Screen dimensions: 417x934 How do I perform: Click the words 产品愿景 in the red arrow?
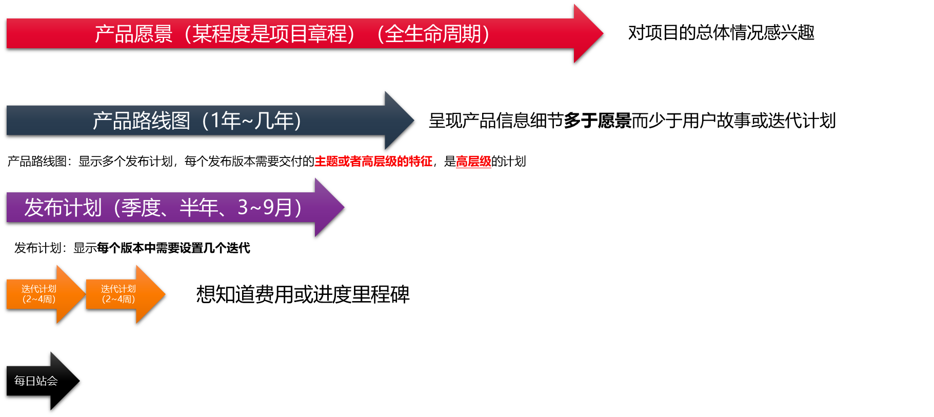tap(133, 34)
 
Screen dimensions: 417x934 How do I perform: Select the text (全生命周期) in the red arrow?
tap(433, 34)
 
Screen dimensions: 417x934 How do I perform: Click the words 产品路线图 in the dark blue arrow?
tap(141, 121)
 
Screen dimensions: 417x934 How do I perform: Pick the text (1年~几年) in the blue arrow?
tap(251, 121)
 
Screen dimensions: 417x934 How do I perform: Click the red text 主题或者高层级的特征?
tap(373, 162)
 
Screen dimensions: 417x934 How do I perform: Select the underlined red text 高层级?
tap(473, 162)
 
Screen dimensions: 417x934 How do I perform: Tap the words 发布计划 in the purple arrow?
tap(63, 208)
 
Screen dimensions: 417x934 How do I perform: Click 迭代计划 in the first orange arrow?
tap(39, 289)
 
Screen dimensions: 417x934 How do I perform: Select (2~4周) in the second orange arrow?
tap(118, 299)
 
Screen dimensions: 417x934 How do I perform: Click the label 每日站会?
tap(36, 381)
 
